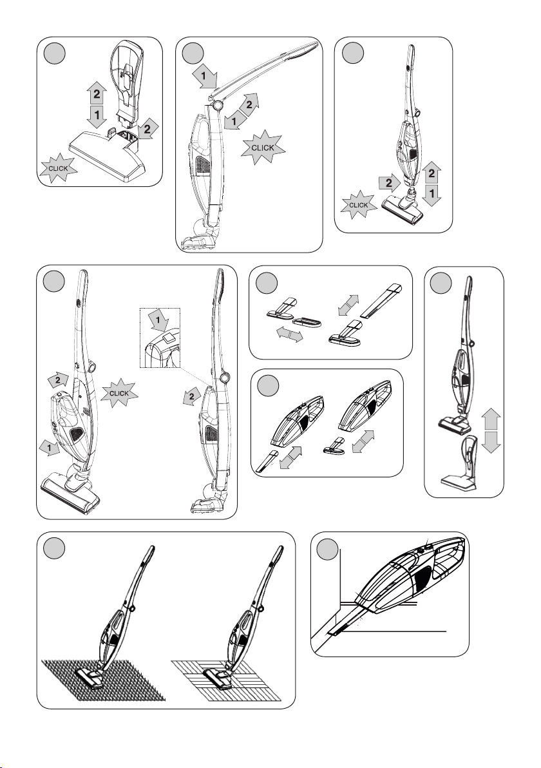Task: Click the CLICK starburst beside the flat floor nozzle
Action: pyautogui.click(x=58, y=169)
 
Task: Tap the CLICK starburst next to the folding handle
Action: pyautogui.click(x=263, y=148)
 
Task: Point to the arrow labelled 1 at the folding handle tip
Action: pyautogui.click(x=205, y=77)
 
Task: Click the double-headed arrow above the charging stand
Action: pyautogui.click(x=491, y=431)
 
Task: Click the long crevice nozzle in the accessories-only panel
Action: pyautogui.click(x=381, y=300)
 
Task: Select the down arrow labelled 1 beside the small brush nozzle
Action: pyautogui.click(x=432, y=195)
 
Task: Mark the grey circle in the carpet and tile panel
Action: pyautogui.click(x=53, y=546)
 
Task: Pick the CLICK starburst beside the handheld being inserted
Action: pyautogui.click(x=119, y=393)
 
